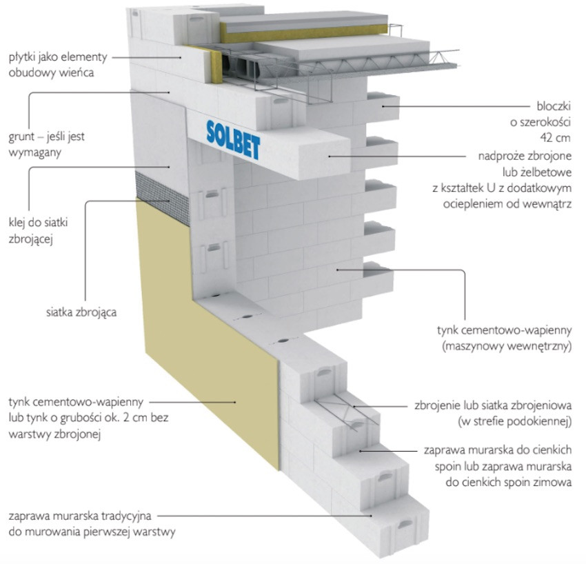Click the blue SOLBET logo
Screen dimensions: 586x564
point(234,140)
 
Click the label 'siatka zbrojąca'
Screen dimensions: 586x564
point(81,312)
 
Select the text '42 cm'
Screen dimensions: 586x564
point(556,137)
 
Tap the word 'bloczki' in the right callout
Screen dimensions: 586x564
point(554,106)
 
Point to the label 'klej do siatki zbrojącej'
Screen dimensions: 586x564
point(38,230)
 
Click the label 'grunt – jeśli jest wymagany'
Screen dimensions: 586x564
point(47,144)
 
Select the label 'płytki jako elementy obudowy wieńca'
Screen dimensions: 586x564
point(58,65)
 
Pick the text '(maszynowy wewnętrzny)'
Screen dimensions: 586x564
point(507,346)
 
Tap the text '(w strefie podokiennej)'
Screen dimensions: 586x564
point(514,421)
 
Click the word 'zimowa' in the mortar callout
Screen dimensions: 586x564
point(554,482)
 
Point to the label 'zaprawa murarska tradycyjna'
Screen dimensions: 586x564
point(80,516)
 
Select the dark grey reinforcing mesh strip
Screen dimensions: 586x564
point(163,197)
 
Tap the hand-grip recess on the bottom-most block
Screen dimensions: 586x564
point(405,524)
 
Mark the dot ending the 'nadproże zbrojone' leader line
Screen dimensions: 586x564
point(330,157)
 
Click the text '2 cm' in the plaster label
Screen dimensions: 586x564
point(135,418)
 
